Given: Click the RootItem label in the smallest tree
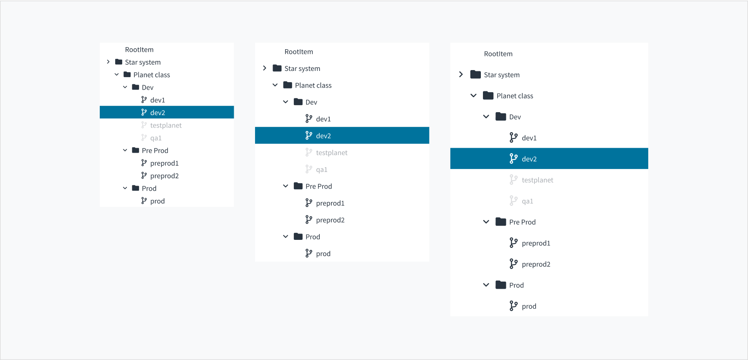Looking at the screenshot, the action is coord(139,50).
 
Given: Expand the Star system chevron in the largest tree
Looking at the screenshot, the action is coord(461,74).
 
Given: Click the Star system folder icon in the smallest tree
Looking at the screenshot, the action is coord(119,62).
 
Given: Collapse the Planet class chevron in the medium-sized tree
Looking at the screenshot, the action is coord(275,85).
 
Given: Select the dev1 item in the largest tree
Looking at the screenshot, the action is coord(529,138).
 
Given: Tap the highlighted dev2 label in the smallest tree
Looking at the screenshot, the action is coord(158,113).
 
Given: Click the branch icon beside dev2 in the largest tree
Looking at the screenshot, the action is coord(513,159).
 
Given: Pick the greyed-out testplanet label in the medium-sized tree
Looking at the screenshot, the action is coord(332,153).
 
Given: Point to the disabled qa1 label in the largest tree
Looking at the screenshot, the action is coord(527,201).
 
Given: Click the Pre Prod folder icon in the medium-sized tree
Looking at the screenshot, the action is coord(298,186).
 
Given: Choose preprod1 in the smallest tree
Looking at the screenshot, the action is coord(164,163).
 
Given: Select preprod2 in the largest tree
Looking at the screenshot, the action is coord(536,264).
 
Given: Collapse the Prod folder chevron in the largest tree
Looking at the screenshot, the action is coord(486,285).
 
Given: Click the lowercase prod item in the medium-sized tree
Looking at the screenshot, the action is coord(323,254).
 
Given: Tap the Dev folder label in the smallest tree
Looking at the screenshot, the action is coord(148,88).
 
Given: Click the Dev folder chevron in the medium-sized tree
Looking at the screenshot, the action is coord(286,102).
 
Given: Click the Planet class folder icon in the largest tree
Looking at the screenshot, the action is coord(488,96).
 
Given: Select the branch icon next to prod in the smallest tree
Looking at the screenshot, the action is coord(144,201).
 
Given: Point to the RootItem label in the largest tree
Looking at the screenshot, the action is coord(498,54).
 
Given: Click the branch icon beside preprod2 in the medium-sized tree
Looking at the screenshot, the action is coord(309,219).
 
